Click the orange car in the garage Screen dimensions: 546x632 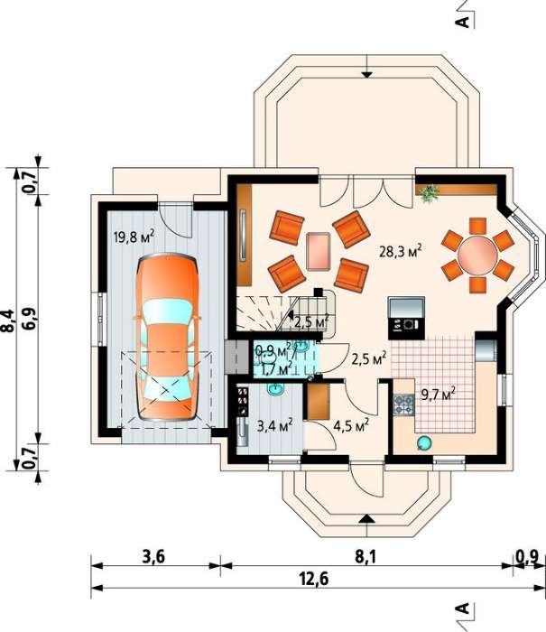pyautogui.click(x=168, y=338)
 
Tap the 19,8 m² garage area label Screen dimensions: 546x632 pyautogui.click(x=134, y=237)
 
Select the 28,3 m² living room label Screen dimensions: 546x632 pyautogui.click(x=401, y=251)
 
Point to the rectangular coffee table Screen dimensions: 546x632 pyautogui.click(x=319, y=252)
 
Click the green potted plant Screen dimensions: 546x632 pyautogui.click(x=430, y=192)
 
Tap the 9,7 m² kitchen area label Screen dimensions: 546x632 pyautogui.click(x=439, y=394)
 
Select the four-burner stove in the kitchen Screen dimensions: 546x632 pyautogui.click(x=404, y=404)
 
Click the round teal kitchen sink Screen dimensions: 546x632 pyautogui.click(x=424, y=443)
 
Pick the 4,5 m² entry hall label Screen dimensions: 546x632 pyautogui.click(x=351, y=425)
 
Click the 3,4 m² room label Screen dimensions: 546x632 pyautogui.click(x=275, y=425)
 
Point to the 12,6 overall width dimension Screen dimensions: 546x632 pyautogui.click(x=314, y=579)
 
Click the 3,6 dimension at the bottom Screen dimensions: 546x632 pyautogui.click(x=153, y=557)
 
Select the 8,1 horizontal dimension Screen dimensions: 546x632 pyautogui.click(x=366, y=557)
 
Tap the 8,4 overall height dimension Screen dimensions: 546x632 pyautogui.click(x=8, y=321)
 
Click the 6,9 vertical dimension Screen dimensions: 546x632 pyautogui.click(x=30, y=321)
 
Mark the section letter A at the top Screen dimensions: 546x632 pyautogui.click(x=463, y=22)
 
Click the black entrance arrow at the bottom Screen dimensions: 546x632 pyautogui.click(x=366, y=518)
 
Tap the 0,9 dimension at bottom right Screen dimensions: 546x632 pyautogui.click(x=527, y=557)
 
